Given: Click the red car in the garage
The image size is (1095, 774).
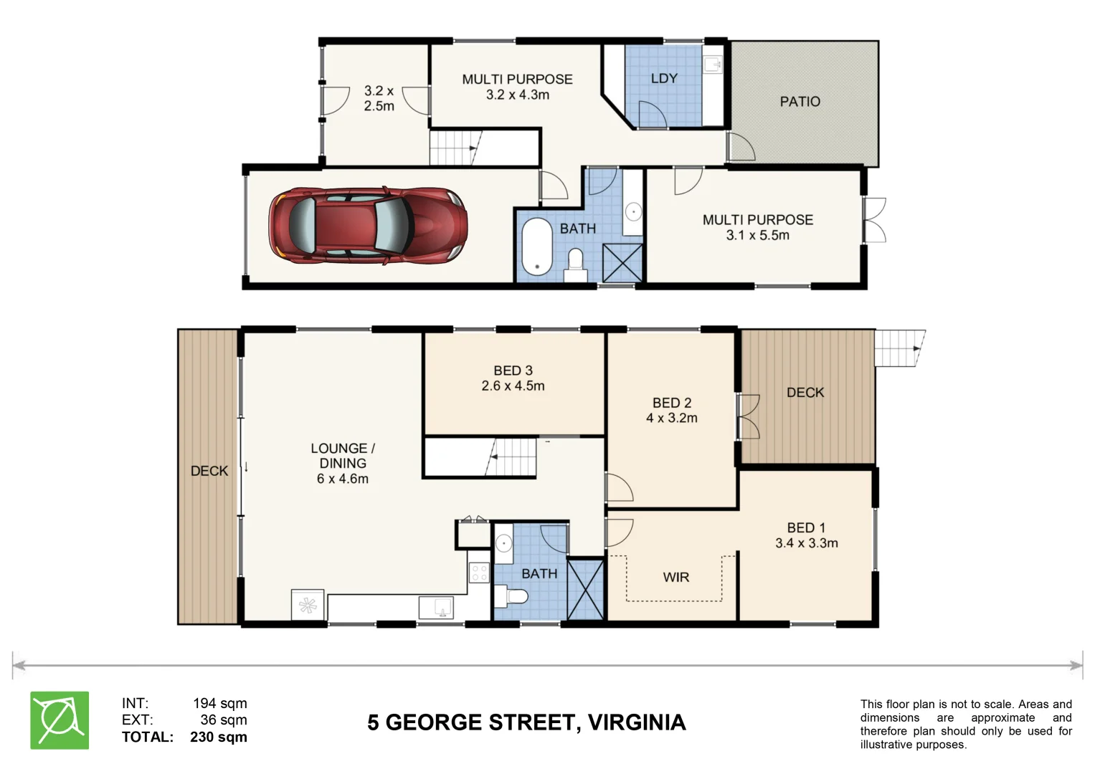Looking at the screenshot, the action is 368,226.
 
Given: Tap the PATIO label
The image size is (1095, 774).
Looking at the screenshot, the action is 800,102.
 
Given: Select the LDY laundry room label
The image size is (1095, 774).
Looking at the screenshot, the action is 664,78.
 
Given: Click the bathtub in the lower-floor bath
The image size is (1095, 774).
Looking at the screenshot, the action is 537,247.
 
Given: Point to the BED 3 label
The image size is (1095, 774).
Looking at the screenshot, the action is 513,371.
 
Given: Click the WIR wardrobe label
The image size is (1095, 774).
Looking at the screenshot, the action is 676,577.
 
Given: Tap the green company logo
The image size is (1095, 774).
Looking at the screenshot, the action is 60,720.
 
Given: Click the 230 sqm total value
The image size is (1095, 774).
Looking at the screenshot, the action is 219,737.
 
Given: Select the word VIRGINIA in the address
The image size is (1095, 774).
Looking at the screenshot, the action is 637,722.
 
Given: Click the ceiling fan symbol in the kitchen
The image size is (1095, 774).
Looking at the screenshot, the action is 308,606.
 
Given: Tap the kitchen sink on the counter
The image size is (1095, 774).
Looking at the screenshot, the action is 436,607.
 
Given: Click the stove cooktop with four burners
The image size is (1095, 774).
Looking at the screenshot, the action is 479,573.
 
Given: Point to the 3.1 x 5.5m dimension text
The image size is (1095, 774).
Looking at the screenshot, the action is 757,235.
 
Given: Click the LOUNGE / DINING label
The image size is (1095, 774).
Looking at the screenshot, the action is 343,455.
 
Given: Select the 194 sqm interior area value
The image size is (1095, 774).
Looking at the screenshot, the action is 220,703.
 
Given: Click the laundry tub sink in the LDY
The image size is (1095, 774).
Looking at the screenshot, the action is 712,64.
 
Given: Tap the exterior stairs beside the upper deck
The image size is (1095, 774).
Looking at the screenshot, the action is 899,348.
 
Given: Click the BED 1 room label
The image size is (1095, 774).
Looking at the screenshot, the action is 806,527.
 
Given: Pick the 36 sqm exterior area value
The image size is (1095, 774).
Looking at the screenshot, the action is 224,720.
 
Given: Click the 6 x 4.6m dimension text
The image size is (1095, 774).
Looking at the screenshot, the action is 342,479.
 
